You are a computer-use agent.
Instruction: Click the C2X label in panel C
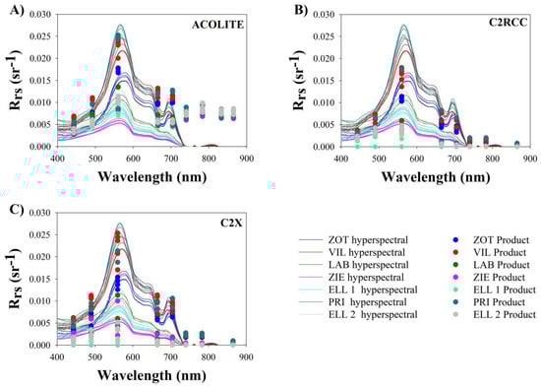[x=228, y=223]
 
